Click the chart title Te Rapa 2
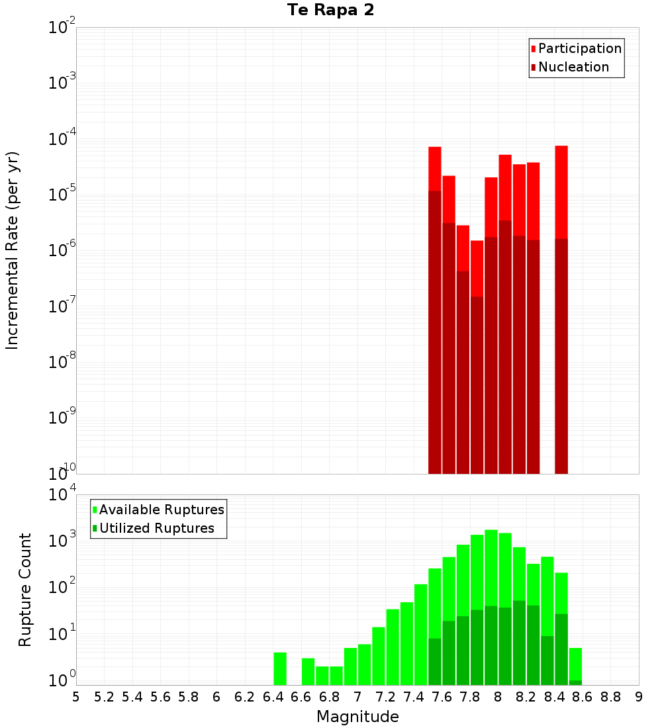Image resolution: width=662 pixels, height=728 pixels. click(x=330, y=11)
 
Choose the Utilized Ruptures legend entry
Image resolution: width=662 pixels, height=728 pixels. click(x=156, y=528)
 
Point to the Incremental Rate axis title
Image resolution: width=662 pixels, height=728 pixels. click(x=13, y=250)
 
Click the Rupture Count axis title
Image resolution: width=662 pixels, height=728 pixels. click(x=25, y=590)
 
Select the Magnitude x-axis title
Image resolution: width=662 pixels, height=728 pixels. click(x=357, y=717)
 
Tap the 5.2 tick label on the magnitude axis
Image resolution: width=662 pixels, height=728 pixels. click(x=104, y=697)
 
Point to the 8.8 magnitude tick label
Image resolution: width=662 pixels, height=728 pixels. click(x=610, y=697)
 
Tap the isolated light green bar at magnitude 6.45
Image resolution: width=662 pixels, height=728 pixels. click(x=280, y=668)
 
